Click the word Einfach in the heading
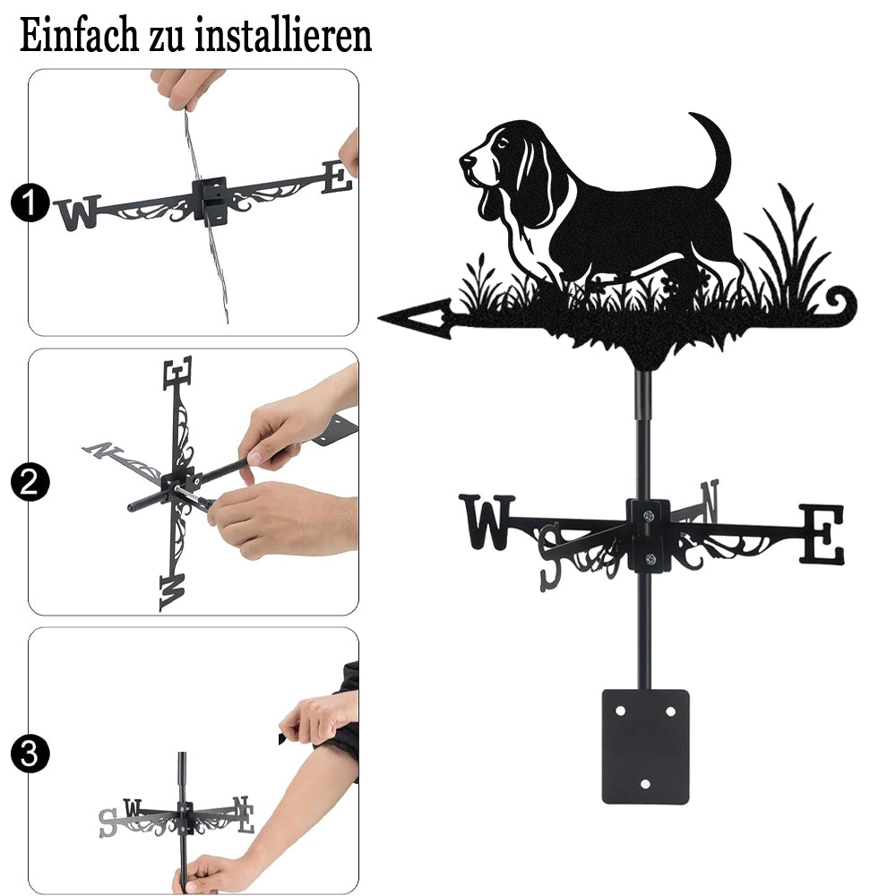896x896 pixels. pos(79,36)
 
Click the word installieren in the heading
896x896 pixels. pos(283,36)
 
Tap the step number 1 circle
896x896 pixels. pos(30,202)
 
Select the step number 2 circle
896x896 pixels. pos(30,482)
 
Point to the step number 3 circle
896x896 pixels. pos(30,754)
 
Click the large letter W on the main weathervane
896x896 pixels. pos(487,521)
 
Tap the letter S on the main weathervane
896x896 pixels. pos(551,556)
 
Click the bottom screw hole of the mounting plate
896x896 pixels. pos(645,784)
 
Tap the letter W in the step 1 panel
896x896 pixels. pos(78,212)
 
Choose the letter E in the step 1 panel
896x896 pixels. pos(337,177)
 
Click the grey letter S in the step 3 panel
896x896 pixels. pos(108,823)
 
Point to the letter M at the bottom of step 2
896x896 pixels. pos(173,592)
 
